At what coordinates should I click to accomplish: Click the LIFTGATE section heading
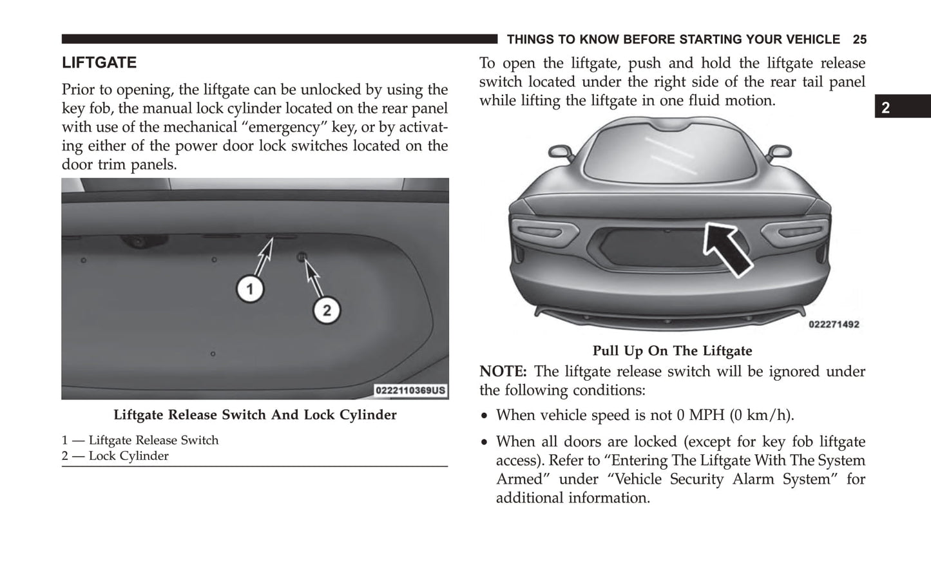pos(99,63)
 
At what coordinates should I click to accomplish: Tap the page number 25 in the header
pos(859,40)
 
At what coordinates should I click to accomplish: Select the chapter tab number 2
pos(885,108)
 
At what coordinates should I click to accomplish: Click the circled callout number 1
pos(250,289)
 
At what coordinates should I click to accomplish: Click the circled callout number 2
pos(327,311)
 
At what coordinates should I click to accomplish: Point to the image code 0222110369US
pos(410,390)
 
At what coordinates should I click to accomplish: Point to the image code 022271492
pos(834,325)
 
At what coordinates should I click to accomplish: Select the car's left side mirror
pos(559,152)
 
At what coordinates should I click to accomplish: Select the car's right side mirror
pos(779,151)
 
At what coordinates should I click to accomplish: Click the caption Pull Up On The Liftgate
pos(672,351)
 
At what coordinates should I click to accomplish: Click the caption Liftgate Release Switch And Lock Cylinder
pos(255,415)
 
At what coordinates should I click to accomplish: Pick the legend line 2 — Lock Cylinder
pos(115,456)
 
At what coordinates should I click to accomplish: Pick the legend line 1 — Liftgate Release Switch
pos(140,441)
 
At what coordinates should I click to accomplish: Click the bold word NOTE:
pos(503,372)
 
